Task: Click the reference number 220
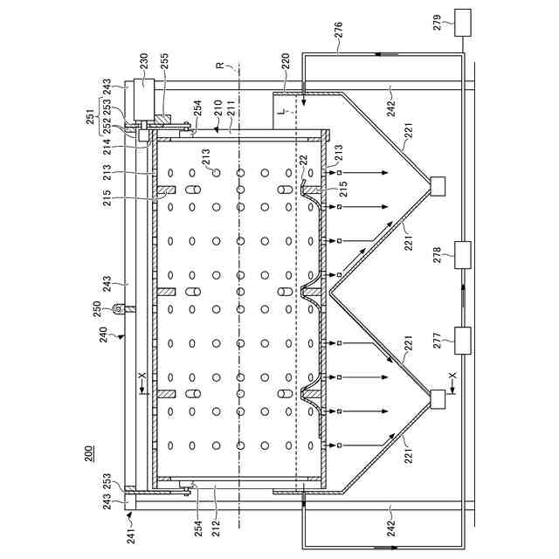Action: pos(285,61)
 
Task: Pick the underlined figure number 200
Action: pos(90,454)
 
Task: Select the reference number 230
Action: pos(144,61)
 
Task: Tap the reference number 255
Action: pos(164,61)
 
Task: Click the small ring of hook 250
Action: pos(120,307)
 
